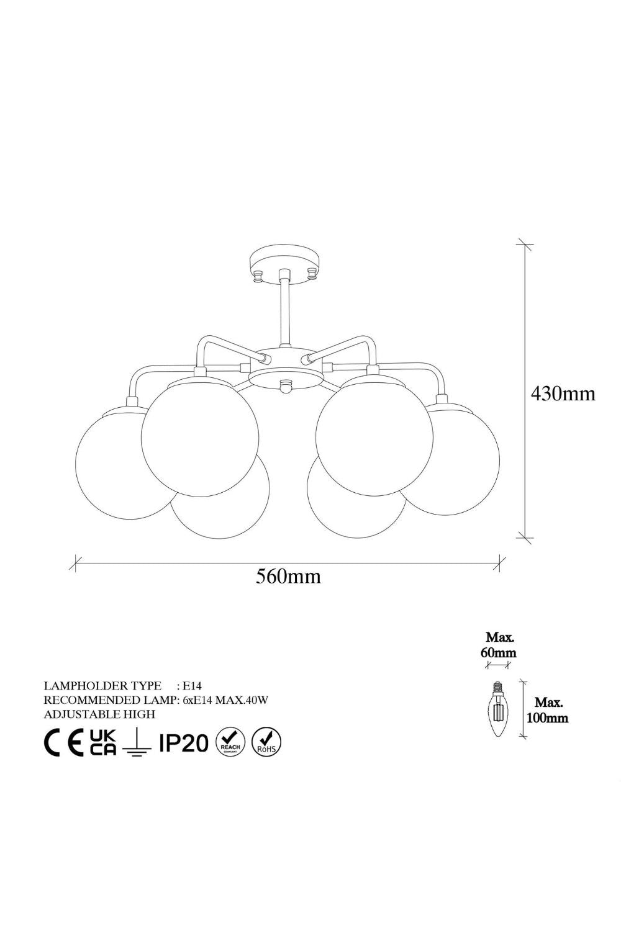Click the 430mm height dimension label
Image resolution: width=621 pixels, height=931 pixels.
(563, 393)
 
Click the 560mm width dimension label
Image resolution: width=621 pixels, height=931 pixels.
(288, 576)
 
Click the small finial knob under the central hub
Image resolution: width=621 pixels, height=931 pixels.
(284, 385)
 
